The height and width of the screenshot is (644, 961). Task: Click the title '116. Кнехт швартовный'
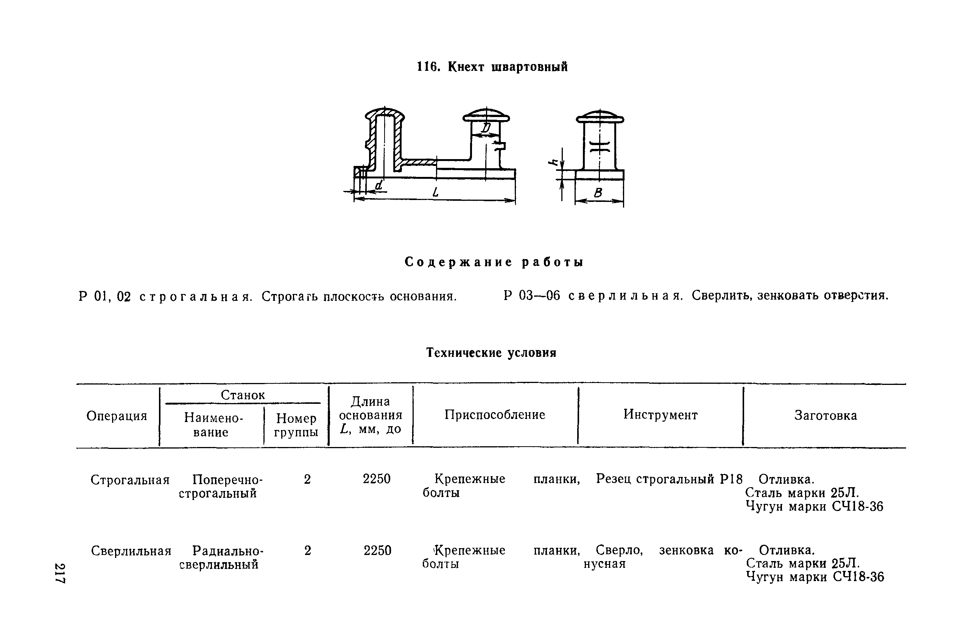click(492, 67)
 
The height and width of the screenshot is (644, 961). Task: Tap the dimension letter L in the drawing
click(435, 192)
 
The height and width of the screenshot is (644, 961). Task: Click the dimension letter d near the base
click(379, 185)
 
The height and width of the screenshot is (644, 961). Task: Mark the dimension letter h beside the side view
click(554, 163)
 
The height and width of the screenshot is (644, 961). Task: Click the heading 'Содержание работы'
click(494, 262)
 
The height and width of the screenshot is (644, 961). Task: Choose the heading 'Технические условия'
click(491, 352)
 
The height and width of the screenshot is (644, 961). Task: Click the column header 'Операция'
click(117, 416)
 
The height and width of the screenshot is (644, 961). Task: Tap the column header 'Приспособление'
click(494, 415)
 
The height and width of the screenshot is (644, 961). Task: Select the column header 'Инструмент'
click(660, 415)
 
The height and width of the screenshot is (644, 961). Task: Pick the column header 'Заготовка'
click(825, 415)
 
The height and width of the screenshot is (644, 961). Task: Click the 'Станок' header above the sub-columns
click(243, 395)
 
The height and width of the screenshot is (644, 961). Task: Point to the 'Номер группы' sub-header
click(296, 425)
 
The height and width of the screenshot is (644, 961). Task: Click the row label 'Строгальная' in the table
click(130, 480)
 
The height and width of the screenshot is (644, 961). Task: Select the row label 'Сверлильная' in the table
click(131, 551)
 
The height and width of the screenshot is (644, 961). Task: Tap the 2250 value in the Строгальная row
click(376, 479)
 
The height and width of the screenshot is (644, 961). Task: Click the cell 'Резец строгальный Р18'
click(669, 479)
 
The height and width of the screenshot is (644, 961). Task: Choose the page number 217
click(60, 572)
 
